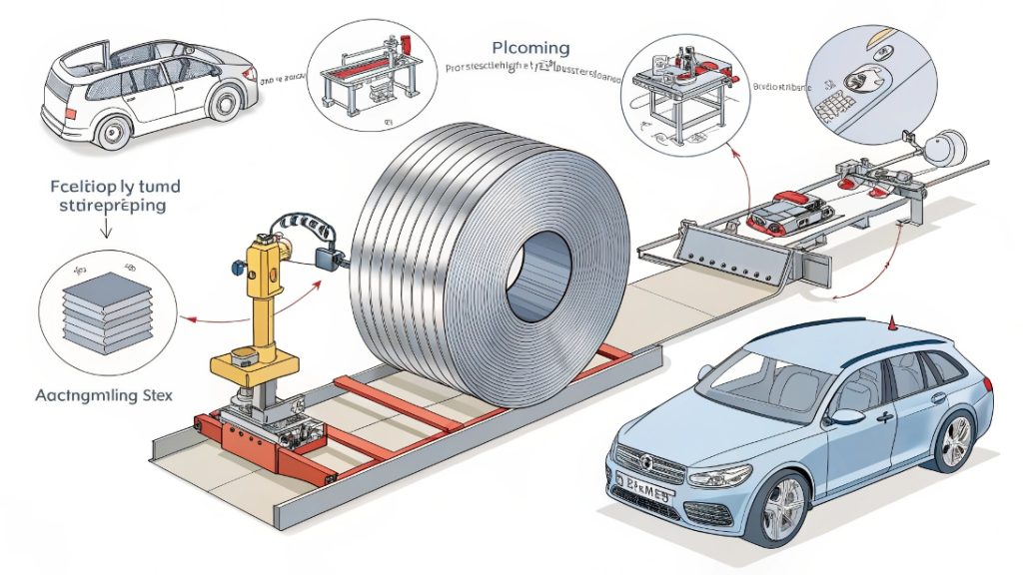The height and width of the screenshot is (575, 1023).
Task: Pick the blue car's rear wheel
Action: coord(956,438)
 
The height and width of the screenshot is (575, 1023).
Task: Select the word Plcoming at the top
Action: coord(530,48)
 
